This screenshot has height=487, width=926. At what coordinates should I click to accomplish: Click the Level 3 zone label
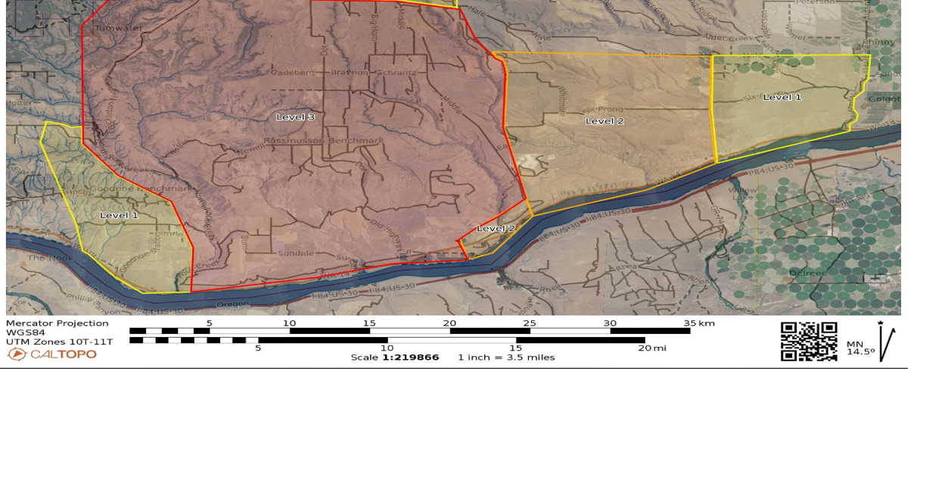[295, 117]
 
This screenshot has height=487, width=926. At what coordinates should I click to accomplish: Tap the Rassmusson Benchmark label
[324, 141]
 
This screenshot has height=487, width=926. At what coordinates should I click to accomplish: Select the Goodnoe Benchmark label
[141, 188]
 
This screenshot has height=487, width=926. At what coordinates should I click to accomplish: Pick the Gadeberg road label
[292, 73]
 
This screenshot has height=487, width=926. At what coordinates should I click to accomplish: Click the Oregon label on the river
[233, 304]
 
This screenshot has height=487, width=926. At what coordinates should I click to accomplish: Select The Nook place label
[51, 258]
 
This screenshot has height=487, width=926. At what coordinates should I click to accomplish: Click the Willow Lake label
[743, 194]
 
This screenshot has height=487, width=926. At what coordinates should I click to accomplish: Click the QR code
[809, 342]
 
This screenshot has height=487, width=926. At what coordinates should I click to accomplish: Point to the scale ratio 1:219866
[410, 357]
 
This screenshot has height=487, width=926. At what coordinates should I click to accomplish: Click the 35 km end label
[698, 323]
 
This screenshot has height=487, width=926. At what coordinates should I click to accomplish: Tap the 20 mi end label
[652, 348]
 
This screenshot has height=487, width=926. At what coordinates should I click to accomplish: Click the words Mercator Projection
[57, 323]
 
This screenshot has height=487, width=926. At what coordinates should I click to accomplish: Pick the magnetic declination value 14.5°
[861, 352]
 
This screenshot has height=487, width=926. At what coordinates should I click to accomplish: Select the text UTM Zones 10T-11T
[59, 342]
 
